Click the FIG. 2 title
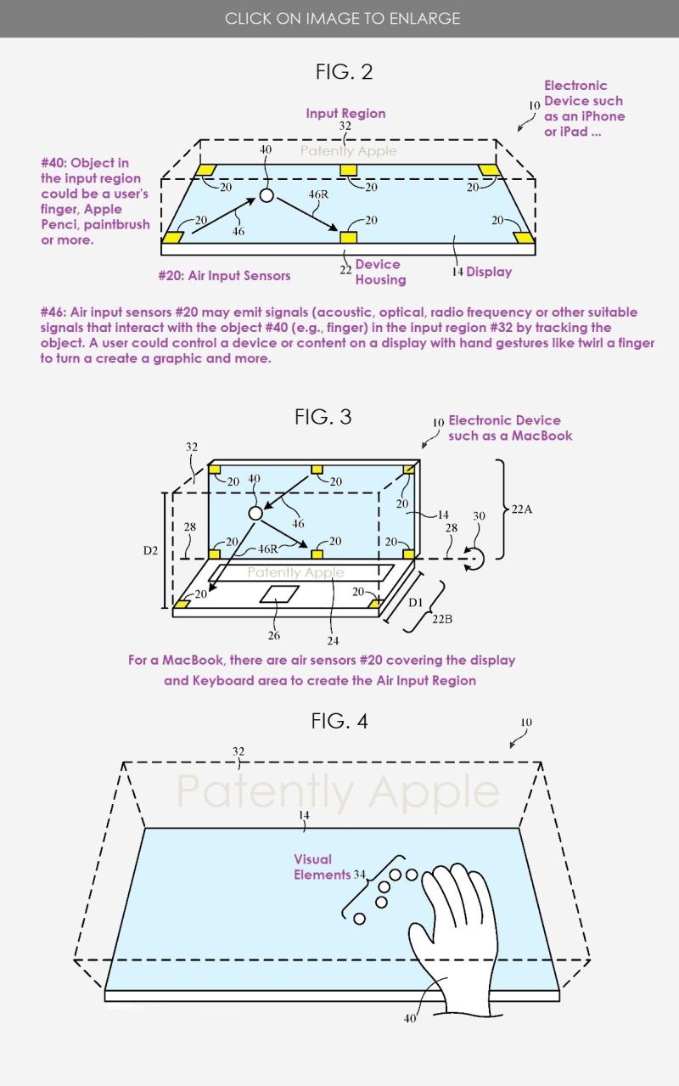tap(344, 72)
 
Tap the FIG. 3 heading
tap(323, 417)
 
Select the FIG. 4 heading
tap(339, 721)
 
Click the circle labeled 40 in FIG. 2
tap(267, 195)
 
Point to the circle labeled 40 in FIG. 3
tap(255, 513)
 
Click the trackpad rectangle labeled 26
tap(279, 594)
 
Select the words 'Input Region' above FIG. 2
tap(345, 113)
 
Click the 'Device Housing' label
tap(379, 272)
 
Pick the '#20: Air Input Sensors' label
tap(224, 275)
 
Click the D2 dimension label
tap(150, 550)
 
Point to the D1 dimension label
tap(416, 603)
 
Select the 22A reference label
tap(522, 509)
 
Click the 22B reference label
tap(442, 619)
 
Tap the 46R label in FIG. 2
tap(318, 194)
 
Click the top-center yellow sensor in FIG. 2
tap(346, 171)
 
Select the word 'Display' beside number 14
tap(489, 272)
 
